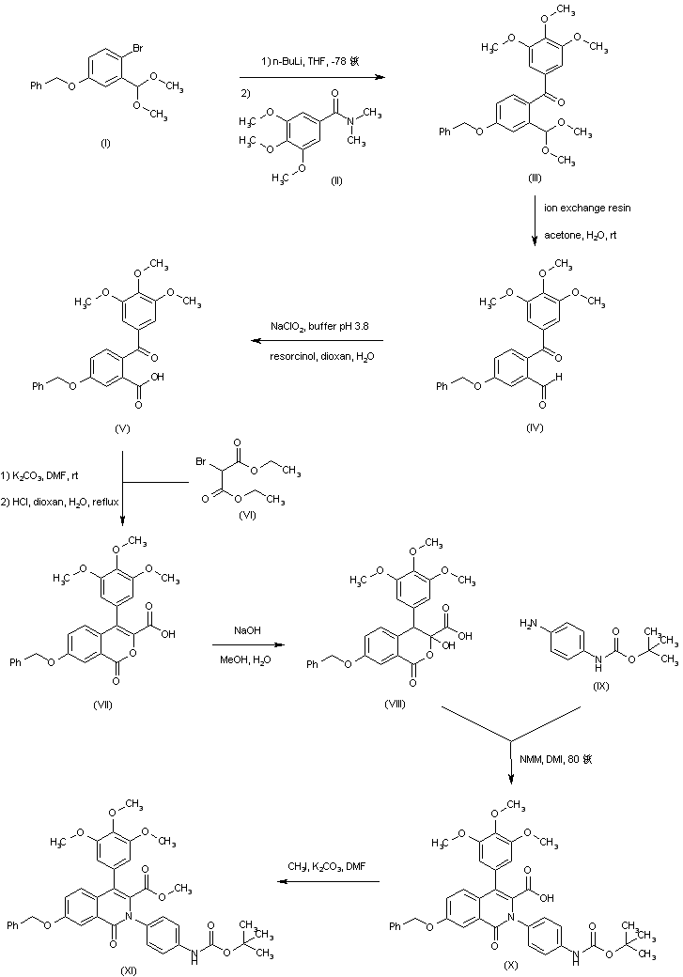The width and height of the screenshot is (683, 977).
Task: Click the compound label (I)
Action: point(105,144)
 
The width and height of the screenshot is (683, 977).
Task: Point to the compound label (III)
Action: point(535,177)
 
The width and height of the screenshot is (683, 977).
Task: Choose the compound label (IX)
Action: point(601,687)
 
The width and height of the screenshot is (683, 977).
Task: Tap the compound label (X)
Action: point(536,965)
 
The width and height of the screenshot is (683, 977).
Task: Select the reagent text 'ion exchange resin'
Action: point(582,205)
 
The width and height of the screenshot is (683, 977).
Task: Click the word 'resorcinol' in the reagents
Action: point(283,358)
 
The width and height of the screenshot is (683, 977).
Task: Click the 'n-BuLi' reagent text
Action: point(280,61)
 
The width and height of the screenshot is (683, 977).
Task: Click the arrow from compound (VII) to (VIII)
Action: point(249,644)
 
